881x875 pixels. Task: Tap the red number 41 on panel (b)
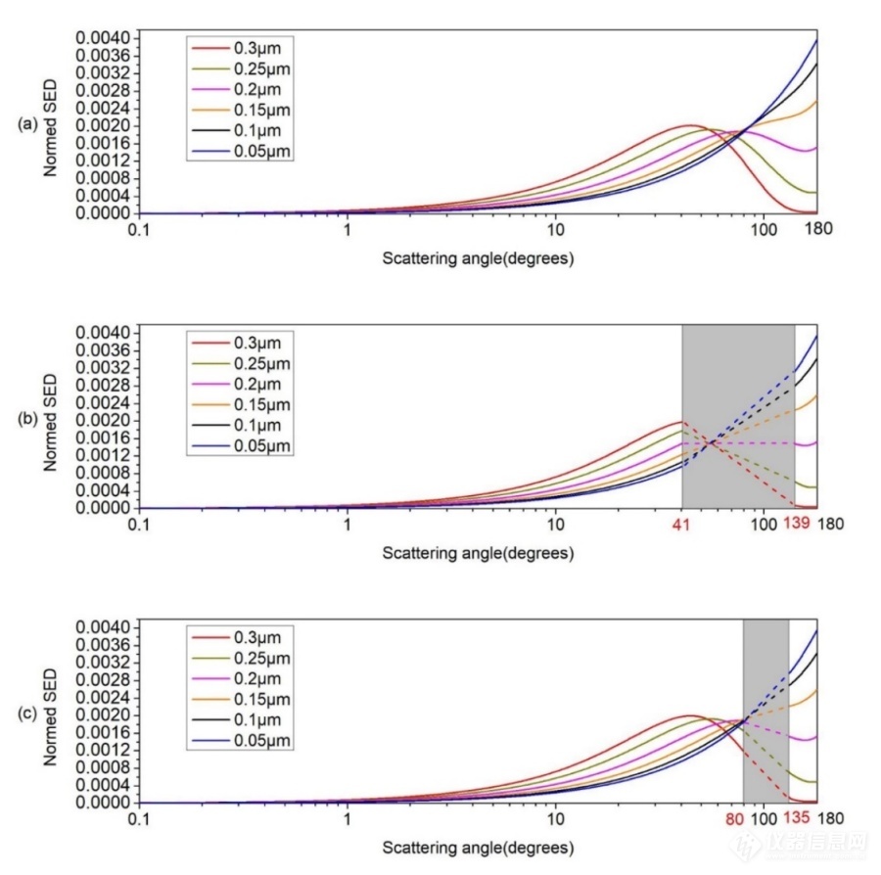point(681,525)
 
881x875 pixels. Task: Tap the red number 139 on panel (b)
point(796,525)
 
